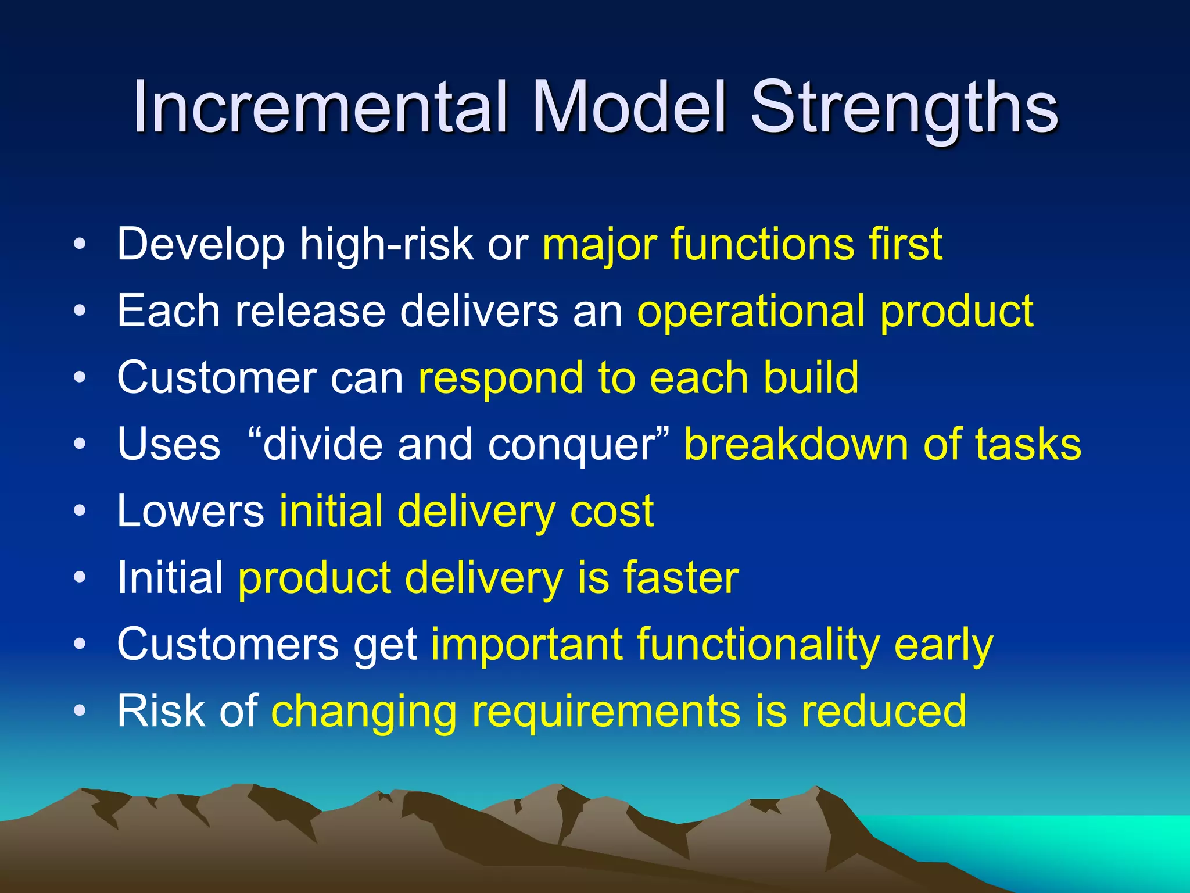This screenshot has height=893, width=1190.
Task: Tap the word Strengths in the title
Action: [904, 108]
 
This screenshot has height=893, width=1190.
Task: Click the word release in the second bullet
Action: [310, 311]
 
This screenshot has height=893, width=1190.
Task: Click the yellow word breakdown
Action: [796, 445]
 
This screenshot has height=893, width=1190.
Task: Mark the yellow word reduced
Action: [884, 711]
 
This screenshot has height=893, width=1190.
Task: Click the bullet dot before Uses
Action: [80, 445]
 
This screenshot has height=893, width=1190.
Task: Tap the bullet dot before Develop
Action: [80, 244]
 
